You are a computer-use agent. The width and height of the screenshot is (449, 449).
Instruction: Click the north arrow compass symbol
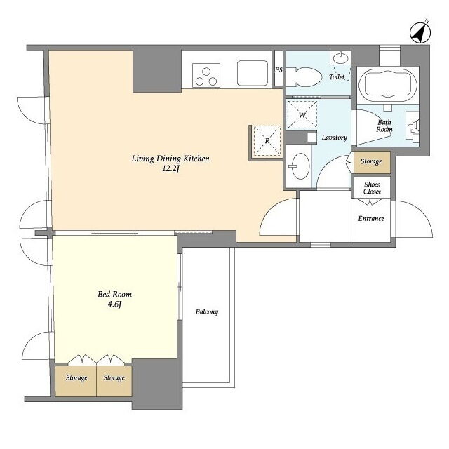420,33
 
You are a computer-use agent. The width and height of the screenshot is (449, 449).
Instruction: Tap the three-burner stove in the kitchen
206,75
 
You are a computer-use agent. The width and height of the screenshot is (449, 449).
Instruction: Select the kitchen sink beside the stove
253,73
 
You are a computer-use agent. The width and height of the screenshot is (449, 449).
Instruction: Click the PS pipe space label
279,70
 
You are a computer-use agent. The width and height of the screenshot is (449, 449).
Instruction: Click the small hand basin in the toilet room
340,58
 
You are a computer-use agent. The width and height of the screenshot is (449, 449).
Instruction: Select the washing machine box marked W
302,115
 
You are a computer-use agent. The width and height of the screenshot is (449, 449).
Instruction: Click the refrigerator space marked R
267,140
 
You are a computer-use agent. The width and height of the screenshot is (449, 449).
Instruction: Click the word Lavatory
334,138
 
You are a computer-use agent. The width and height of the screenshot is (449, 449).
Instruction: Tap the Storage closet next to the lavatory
372,162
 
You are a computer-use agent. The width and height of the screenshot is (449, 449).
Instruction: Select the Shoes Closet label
372,188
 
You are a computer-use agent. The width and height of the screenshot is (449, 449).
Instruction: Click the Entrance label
371,219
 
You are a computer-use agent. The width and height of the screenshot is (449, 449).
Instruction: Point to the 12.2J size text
170,169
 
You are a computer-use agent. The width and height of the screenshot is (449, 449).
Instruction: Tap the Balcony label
207,311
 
